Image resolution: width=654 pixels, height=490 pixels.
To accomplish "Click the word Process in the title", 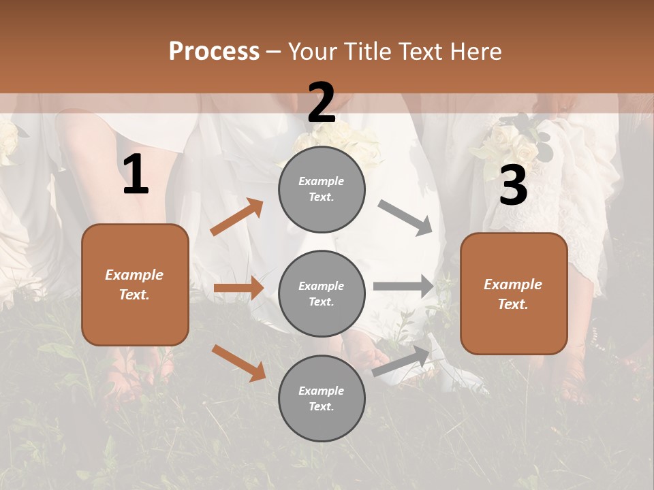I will (x=214, y=52).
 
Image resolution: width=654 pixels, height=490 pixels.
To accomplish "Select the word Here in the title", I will (x=474, y=52).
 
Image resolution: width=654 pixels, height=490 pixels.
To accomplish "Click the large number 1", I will (x=136, y=175).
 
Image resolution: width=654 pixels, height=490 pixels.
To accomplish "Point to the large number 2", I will (x=322, y=103).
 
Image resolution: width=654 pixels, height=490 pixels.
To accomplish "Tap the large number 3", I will (x=513, y=186).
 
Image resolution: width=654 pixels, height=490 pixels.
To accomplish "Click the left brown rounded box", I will (x=135, y=284).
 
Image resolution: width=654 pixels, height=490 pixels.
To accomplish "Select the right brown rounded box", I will (x=514, y=294).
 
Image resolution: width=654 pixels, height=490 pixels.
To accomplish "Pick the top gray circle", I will (x=322, y=189).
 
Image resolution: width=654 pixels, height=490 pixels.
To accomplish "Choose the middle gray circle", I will (x=322, y=294).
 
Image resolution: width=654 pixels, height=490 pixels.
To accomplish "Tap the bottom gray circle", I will (x=322, y=399).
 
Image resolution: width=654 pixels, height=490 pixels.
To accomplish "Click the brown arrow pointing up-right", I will (x=237, y=217).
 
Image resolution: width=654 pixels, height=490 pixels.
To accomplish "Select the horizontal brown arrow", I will (x=238, y=289).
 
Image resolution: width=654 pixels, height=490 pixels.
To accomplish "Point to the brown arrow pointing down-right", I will (x=238, y=362).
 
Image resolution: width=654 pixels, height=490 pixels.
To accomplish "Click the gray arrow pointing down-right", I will (x=405, y=218).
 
